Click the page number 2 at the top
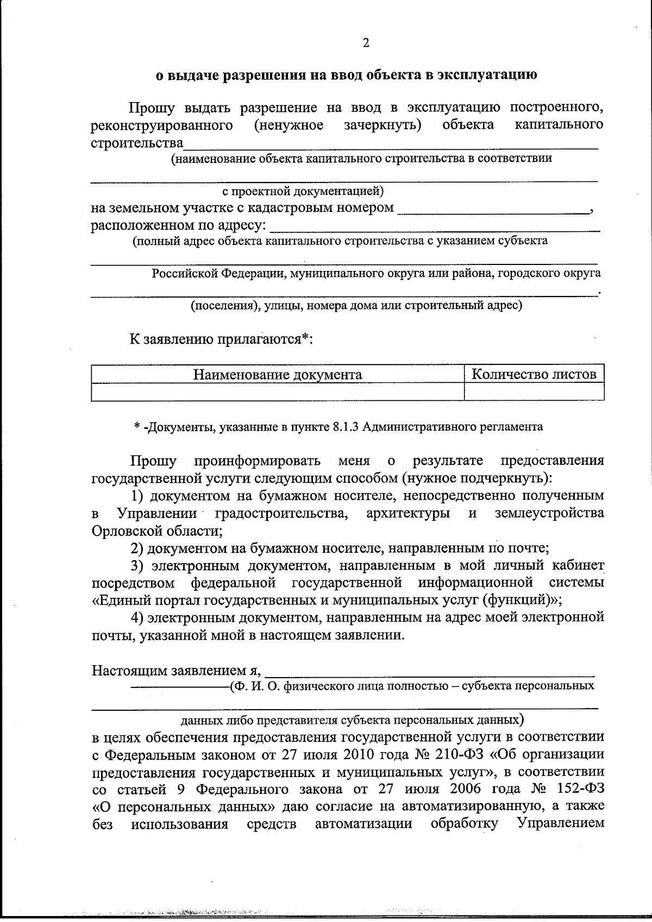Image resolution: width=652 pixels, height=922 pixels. point(366,43)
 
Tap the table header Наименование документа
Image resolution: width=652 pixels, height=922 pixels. point(278,375)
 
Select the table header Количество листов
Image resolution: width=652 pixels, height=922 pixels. point(534,374)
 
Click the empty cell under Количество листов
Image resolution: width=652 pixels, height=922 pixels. point(534,391)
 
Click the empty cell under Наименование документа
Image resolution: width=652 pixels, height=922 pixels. point(278,391)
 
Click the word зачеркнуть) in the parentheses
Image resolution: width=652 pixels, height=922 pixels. point(383,125)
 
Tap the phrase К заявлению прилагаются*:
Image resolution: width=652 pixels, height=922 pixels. point(222,340)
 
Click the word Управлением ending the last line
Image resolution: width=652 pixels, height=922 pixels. point(561,824)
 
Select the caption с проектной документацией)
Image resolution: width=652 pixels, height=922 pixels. point(303,192)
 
